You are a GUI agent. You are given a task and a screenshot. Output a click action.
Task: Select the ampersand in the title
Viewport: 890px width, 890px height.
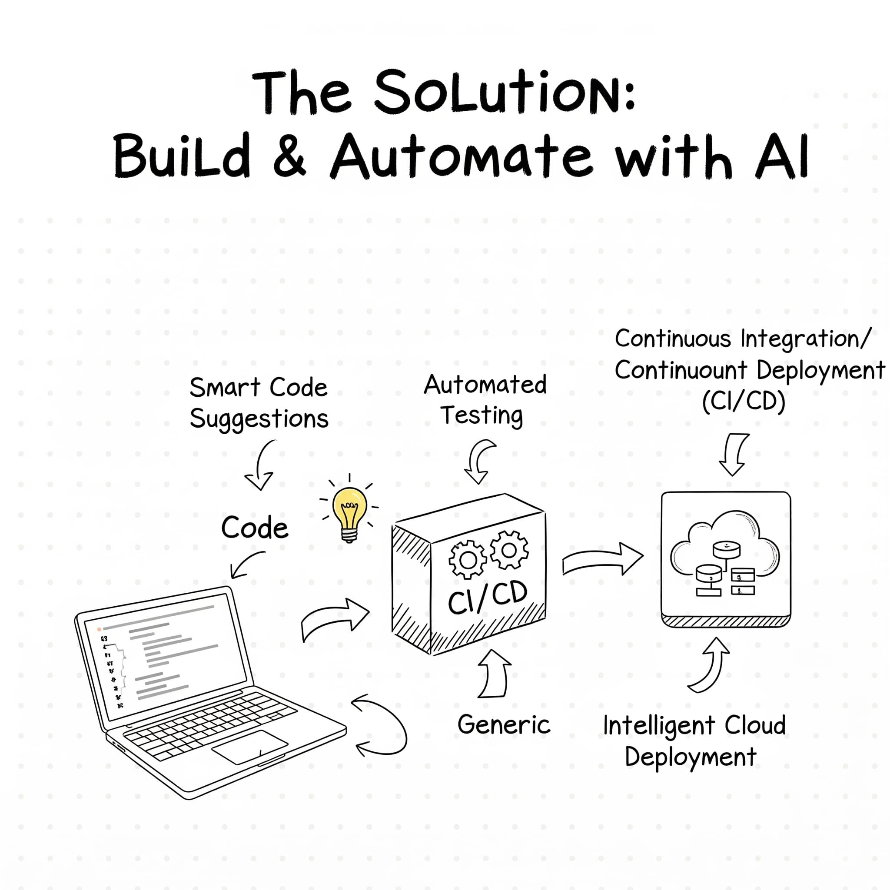tap(289, 156)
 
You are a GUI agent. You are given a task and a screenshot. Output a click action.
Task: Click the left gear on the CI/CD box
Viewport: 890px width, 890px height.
tap(467, 560)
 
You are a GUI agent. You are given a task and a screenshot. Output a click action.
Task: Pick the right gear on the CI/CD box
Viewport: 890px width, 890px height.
tap(508, 550)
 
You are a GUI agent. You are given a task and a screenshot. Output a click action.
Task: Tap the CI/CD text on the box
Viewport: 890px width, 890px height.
tap(488, 597)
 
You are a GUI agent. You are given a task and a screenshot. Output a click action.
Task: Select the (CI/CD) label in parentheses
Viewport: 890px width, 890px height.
tap(744, 402)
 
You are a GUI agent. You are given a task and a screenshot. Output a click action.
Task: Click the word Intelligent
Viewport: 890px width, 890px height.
tap(659, 726)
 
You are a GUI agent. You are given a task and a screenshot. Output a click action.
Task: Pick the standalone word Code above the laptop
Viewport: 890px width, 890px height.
tap(254, 528)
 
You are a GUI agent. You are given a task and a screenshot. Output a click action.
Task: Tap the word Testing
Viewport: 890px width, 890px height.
tap(482, 415)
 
